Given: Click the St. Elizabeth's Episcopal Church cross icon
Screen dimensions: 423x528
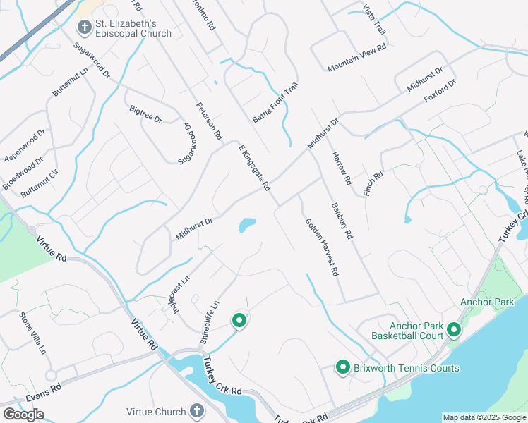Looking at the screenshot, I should tap(84, 27).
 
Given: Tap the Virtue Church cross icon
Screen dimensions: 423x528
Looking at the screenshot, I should tap(196, 410).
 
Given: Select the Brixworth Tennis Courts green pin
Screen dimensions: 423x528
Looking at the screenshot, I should tap(343, 367).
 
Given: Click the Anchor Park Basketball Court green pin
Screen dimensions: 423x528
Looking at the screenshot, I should tap(453, 329).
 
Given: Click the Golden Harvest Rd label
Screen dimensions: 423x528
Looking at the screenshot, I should tap(322, 247).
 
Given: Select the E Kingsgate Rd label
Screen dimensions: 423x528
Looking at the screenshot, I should tap(255, 166).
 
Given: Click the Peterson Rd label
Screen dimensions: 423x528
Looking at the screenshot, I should tap(209, 120).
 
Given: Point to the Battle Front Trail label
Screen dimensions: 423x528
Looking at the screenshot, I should tap(276, 104).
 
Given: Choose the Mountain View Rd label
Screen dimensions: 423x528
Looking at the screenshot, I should tap(356, 58).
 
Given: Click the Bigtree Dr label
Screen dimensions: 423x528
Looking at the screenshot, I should tap(146, 114).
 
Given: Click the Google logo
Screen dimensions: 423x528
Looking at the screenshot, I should tap(23, 415).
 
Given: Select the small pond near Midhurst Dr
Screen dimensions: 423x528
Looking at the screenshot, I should tap(246, 226).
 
